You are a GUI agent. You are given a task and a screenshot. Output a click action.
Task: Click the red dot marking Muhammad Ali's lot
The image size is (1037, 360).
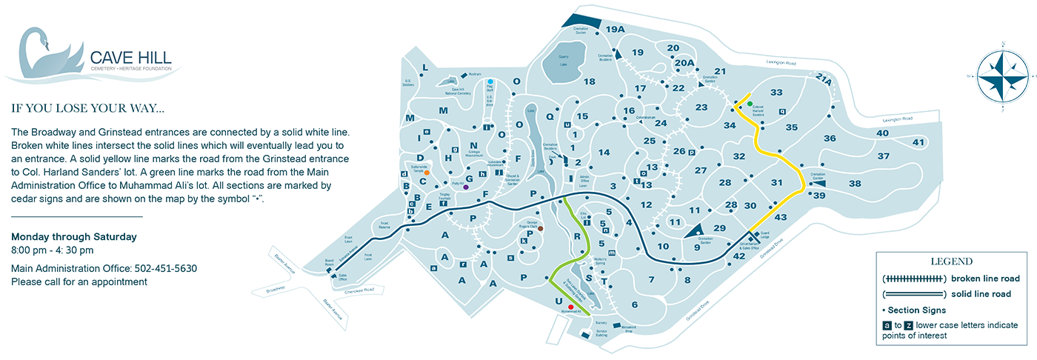tap(570, 307)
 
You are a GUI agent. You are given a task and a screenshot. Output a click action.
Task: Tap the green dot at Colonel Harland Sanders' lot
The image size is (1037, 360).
tap(749, 104)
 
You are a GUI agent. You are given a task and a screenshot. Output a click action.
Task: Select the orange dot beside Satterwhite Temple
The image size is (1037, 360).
tap(427, 173)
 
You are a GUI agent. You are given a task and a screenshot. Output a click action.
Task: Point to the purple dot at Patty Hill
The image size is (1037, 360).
tap(465, 187)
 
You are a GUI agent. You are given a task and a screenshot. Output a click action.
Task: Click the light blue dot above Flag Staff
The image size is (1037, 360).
tap(490, 81)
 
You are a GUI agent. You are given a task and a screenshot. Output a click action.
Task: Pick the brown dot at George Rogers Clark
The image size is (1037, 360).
tap(540, 229)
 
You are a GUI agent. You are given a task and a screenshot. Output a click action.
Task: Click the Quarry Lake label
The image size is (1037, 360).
tap(562, 60)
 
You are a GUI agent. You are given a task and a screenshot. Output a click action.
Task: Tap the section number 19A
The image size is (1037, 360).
tap(616, 29)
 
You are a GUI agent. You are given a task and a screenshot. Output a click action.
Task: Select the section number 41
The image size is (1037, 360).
tap(919, 142)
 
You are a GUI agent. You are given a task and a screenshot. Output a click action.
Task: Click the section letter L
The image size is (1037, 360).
tap(425, 67)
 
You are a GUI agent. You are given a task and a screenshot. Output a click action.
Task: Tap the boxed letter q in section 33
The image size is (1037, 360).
tap(782, 112)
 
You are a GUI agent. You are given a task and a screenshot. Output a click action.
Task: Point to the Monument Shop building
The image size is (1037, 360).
tap(616, 326)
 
